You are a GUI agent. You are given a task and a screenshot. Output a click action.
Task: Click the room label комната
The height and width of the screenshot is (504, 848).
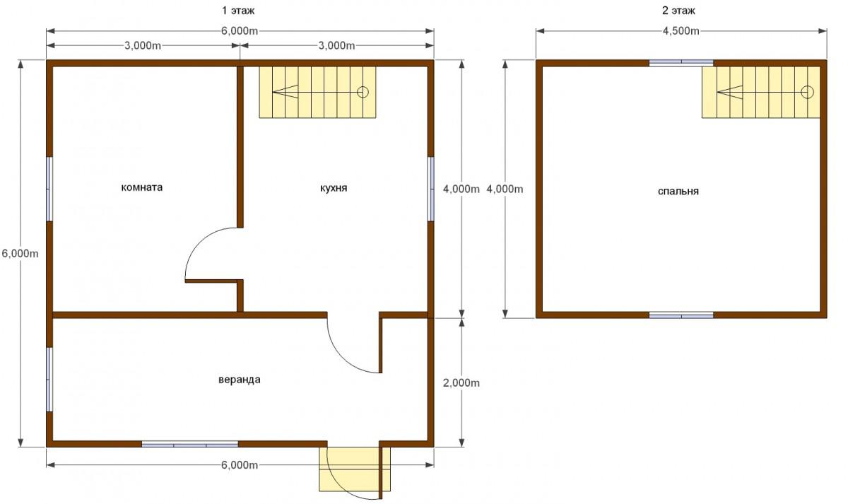point(142,187)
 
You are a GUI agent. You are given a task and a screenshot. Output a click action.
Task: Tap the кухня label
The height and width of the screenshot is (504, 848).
point(334,188)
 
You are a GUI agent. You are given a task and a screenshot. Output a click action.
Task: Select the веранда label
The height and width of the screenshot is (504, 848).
point(240,380)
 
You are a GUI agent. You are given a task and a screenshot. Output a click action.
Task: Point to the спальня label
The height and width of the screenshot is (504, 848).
point(678,192)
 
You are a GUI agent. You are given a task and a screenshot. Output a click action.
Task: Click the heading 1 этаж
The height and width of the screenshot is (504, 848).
point(238,11)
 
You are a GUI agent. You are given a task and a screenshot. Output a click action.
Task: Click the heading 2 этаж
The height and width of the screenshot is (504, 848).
point(678,11)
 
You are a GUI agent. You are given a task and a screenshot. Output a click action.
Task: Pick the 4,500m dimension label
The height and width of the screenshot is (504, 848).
point(681,31)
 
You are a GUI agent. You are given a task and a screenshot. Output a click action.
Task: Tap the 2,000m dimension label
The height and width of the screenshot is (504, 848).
point(461,383)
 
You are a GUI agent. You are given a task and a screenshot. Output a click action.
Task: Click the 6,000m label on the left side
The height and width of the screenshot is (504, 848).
point(20,253)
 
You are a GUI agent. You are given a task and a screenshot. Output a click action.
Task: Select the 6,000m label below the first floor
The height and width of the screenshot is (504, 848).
point(240,464)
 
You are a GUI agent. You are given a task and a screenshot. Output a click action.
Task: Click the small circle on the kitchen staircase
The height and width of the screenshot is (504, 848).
point(363,92)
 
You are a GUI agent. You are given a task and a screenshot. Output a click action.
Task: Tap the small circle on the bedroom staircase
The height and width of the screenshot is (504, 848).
point(808,92)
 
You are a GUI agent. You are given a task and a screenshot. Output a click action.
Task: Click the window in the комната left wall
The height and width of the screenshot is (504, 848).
point(49,189)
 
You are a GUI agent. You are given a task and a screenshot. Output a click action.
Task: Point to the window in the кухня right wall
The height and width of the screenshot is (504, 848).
point(431,189)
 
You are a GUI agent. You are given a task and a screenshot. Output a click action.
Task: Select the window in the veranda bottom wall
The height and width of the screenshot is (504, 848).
point(190,444)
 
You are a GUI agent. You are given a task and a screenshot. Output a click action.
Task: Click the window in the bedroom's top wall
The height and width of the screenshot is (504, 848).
point(681,63)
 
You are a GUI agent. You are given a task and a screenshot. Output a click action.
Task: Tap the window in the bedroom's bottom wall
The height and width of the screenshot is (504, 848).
point(681,315)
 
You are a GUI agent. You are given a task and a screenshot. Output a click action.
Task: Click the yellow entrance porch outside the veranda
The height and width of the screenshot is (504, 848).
point(355,469)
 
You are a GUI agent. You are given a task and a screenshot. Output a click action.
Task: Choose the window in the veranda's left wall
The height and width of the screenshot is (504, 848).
point(49,380)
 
